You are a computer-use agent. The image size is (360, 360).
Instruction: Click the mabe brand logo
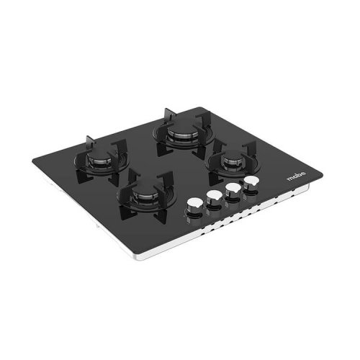pos(297,176)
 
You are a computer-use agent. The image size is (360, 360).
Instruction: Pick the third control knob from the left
pos(232,190)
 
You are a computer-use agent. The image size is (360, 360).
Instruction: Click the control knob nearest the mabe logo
pos(251,183)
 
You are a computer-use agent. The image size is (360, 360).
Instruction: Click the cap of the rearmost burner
pos(181,128)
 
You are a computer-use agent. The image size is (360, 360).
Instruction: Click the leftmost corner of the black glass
pos(32,161)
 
